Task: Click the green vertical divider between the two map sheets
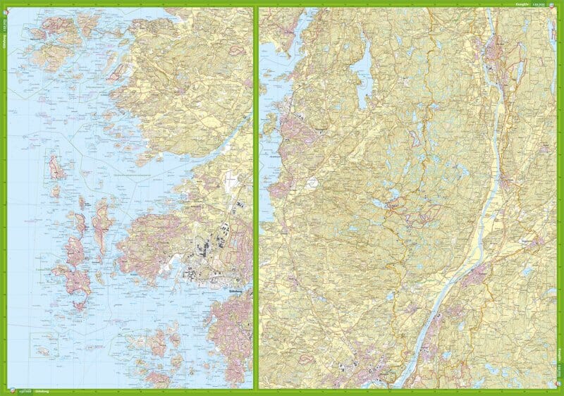256,197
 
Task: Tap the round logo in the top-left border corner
4,5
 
